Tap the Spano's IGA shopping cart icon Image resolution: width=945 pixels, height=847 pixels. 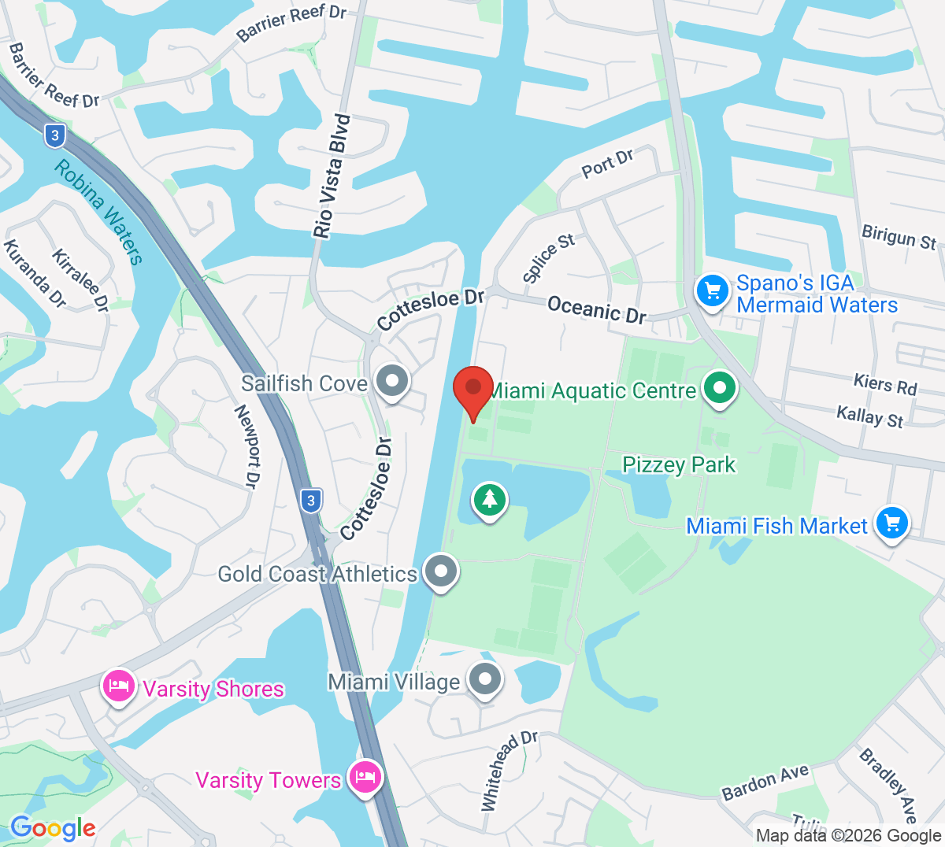[713, 291]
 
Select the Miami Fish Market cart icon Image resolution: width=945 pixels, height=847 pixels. [891, 523]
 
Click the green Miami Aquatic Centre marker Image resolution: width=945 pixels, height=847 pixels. [719, 388]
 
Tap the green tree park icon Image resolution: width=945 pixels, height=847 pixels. [490, 500]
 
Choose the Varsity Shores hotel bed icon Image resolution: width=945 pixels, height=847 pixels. [119, 686]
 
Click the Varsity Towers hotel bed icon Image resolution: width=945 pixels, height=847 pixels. [365, 778]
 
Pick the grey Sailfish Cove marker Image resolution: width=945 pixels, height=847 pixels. [391, 382]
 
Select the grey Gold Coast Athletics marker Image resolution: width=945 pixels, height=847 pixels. [440, 571]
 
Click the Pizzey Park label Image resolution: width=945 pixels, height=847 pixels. [679, 464]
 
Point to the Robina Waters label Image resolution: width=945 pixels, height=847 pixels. [99, 213]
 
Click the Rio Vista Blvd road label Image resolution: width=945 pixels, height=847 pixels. [332, 176]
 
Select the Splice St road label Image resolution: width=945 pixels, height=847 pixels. [548, 257]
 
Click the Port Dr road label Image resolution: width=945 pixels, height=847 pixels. [608, 164]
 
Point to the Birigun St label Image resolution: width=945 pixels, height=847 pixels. [899, 237]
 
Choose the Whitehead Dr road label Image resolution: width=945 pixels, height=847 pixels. [509, 771]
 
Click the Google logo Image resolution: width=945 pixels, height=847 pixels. [53, 828]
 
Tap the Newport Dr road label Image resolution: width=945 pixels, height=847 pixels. [246, 446]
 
